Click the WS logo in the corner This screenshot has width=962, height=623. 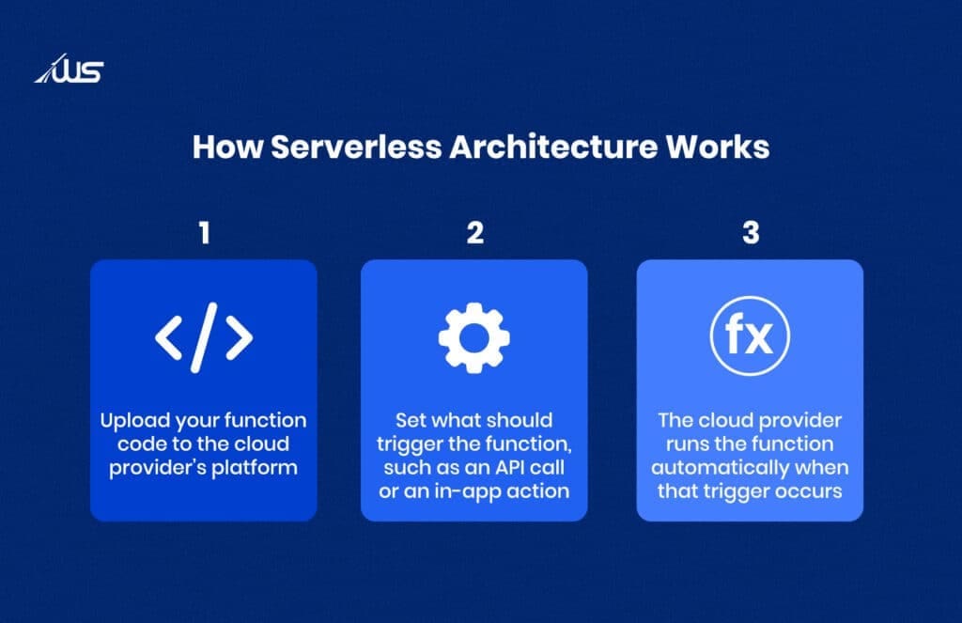[x=70, y=70]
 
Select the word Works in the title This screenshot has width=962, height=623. [x=725, y=148]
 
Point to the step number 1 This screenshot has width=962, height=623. [x=204, y=233]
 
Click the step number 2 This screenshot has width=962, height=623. [x=474, y=233]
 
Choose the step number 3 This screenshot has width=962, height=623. [x=750, y=233]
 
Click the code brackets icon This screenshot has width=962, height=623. [x=204, y=336]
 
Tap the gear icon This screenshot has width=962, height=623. [x=474, y=336]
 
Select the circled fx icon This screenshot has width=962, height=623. [x=750, y=336]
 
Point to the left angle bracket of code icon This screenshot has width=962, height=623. [x=169, y=337]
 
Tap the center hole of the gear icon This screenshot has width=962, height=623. [x=474, y=336]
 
